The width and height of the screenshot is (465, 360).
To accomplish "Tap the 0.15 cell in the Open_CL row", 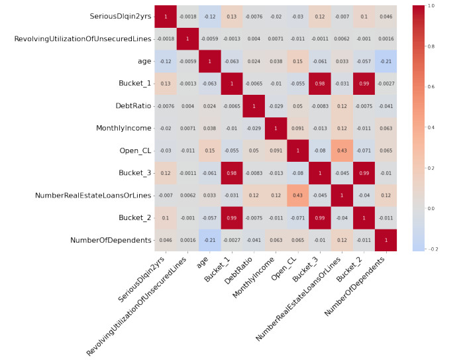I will [x=211, y=150].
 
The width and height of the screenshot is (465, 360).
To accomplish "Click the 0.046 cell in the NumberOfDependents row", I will [x=166, y=240].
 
